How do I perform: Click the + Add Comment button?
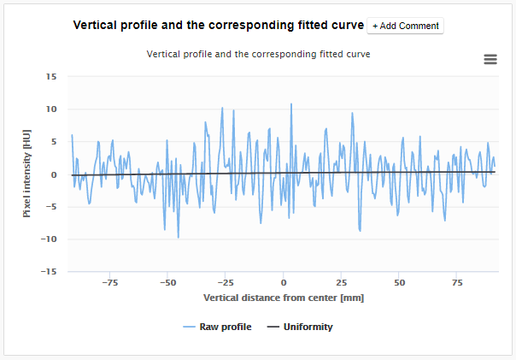(x=405, y=26)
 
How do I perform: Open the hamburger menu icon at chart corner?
(x=490, y=59)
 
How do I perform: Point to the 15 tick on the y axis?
(x=50, y=76)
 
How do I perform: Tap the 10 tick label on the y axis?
(x=50, y=109)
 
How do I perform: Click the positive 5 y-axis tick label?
(x=53, y=142)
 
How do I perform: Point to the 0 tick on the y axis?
(x=53, y=174)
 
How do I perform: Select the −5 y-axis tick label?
(x=50, y=207)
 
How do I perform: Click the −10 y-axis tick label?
(x=48, y=239)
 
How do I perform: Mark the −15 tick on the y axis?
(x=48, y=272)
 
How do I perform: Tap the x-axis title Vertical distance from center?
(x=284, y=298)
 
